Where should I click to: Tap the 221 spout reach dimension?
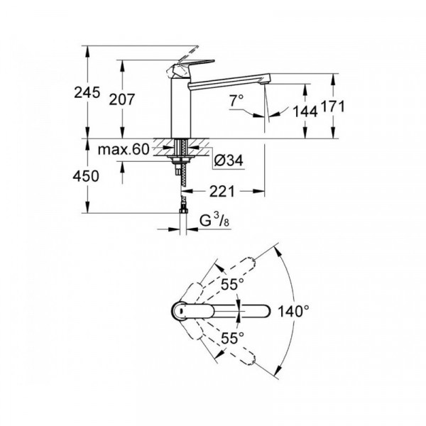tap(222, 191)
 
